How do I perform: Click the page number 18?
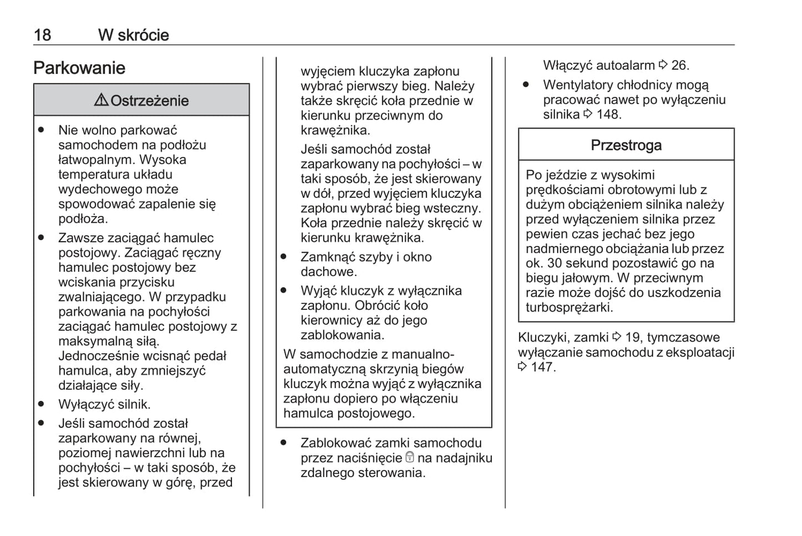(42, 35)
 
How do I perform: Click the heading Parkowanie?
(79, 68)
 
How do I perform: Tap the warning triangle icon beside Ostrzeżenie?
(101, 100)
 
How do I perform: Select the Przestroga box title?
(626, 146)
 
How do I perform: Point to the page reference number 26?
(679, 66)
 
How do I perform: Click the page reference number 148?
(608, 114)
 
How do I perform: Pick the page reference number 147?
(542, 367)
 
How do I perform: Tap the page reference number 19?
(633, 338)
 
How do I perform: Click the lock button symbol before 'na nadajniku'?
(410, 458)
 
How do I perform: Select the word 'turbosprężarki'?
(568, 308)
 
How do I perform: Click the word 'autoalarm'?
(626, 66)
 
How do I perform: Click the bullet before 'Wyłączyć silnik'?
(41, 404)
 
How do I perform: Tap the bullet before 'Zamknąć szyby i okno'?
(284, 257)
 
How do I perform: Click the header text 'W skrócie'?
(133, 35)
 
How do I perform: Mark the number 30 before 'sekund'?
(555, 263)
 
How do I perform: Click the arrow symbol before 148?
(588, 114)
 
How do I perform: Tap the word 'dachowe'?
(327, 272)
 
